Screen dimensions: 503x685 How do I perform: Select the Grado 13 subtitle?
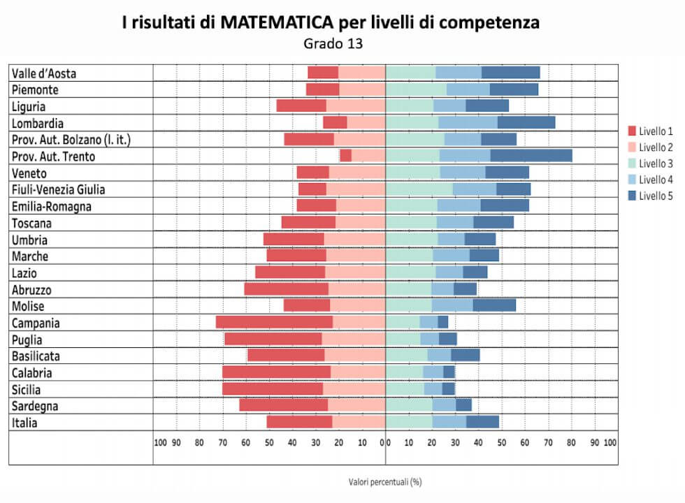(333, 43)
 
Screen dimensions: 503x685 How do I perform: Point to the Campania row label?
(36, 323)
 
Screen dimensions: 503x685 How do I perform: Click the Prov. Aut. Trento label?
(53, 156)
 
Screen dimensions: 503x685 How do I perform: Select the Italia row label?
(24, 423)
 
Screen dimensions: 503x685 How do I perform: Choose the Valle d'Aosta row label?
(44, 73)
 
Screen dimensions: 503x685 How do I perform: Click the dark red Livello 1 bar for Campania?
(274, 323)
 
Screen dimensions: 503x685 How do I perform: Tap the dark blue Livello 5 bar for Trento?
(531, 156)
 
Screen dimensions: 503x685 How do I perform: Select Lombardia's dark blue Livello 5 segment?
(526, 123)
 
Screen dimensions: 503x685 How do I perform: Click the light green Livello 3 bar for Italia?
(409, 423)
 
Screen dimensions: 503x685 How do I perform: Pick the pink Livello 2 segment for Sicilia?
(354, 389)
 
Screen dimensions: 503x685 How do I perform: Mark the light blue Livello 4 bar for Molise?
(452, 306)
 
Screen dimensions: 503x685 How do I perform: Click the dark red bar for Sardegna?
(283, 406)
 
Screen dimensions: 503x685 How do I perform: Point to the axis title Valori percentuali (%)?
(385, 482)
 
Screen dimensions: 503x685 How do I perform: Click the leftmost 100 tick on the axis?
(160, 442)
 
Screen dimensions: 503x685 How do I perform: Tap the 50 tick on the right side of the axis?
(502, 442)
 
